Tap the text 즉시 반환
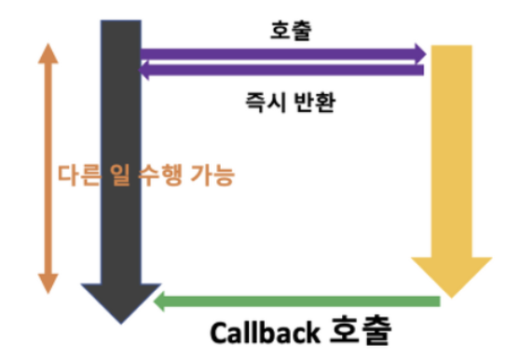tap(285, 100)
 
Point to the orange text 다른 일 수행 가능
tap(146, 174)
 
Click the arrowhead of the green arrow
tap(163, 300)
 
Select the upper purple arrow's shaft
tap(280, 54)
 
